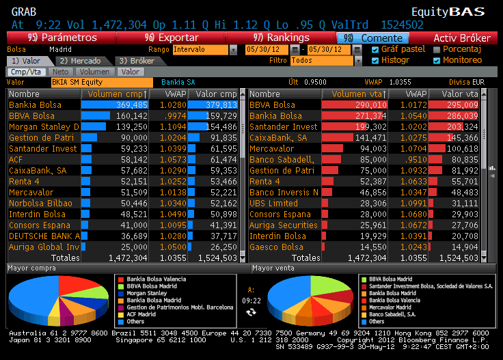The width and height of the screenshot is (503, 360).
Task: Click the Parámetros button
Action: point(62,38)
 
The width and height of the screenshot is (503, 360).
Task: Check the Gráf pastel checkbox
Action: point(375,49)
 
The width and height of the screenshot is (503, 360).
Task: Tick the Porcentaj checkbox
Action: point(437,49)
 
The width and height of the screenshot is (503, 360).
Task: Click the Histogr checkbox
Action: point(375,60)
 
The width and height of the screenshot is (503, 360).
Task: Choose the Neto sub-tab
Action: point(60,71)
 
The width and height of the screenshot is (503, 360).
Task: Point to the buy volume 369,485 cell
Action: point(115,105)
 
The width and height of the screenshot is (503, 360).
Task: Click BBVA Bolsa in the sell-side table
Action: point(273,105)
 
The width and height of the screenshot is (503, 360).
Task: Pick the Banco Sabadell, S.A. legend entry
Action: point(394,314)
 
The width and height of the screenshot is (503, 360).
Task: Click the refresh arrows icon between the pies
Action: point(251,311)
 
